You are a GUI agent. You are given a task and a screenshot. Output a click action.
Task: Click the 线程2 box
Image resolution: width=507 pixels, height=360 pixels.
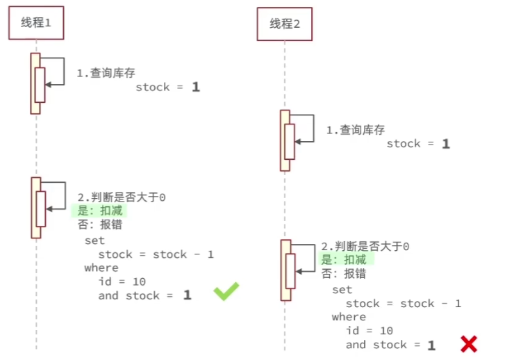(285, 24)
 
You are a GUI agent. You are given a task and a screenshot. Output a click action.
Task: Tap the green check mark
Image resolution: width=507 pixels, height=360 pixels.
(226, 291)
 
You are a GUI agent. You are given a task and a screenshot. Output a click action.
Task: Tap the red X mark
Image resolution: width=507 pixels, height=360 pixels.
(469, 343)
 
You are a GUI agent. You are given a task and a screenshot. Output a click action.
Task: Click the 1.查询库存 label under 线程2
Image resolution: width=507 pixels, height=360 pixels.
(356, 129)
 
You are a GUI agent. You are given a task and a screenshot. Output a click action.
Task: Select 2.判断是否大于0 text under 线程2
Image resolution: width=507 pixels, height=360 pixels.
(365, 247)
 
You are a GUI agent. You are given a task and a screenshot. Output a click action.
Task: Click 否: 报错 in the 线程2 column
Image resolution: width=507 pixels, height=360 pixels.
(344, 274)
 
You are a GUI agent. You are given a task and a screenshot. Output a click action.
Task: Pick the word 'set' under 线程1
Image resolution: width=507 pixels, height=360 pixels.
(94, 240)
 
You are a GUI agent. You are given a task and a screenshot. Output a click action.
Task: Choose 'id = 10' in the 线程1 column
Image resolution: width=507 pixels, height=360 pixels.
(122, 281)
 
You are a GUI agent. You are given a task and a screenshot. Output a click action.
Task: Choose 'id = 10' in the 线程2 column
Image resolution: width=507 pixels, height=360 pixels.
(369, 331)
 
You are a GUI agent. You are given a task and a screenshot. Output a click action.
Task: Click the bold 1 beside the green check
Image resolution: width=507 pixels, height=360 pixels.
(187, 295)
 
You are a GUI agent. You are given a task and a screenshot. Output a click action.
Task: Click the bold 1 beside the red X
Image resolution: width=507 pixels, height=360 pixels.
(431, 345)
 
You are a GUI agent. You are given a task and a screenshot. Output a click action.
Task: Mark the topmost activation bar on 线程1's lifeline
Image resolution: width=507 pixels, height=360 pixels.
(35, 83)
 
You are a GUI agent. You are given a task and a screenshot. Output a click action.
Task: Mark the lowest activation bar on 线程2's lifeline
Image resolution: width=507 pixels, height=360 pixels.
(285, 270)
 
